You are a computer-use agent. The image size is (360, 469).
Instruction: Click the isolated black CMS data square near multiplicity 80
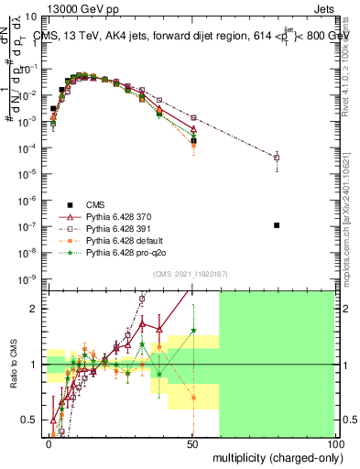277,225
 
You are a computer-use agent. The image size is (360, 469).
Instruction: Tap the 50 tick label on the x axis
193,442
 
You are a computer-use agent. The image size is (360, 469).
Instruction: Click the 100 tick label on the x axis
336,442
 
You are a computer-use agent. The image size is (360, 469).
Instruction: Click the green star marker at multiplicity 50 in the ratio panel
193,331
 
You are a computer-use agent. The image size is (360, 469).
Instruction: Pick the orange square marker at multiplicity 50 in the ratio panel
193,398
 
